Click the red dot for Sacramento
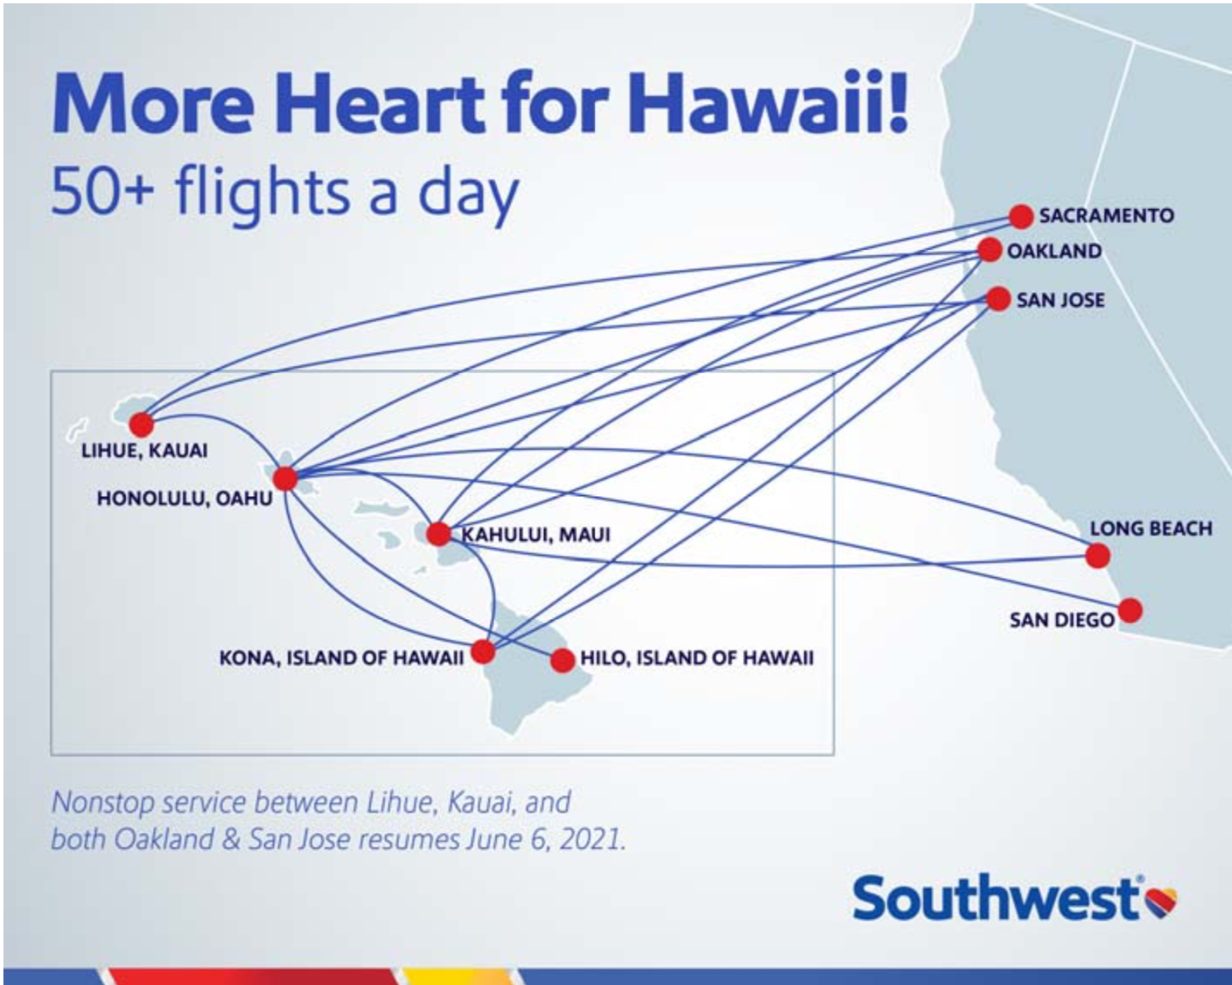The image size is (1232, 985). [1022, 217]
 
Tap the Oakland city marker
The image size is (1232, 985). [990, 250]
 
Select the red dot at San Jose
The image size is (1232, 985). [999, 299]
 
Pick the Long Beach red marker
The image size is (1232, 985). [1098, 556]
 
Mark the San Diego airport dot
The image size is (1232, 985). [1131, 611]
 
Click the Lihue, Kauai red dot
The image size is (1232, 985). [141, 425]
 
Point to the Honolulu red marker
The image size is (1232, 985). [286, 479]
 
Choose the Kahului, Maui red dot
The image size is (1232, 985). [439, 534]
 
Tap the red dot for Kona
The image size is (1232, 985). [484, 651]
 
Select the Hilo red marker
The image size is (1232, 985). [563, 660]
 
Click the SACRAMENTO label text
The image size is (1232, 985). [1107, 216]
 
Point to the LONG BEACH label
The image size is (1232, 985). [1151, 529]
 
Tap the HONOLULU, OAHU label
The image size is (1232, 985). [184, 499]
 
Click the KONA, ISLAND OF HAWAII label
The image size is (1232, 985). [342, 658]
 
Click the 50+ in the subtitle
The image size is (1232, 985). [103, 192]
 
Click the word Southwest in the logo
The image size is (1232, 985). [996, 899]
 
